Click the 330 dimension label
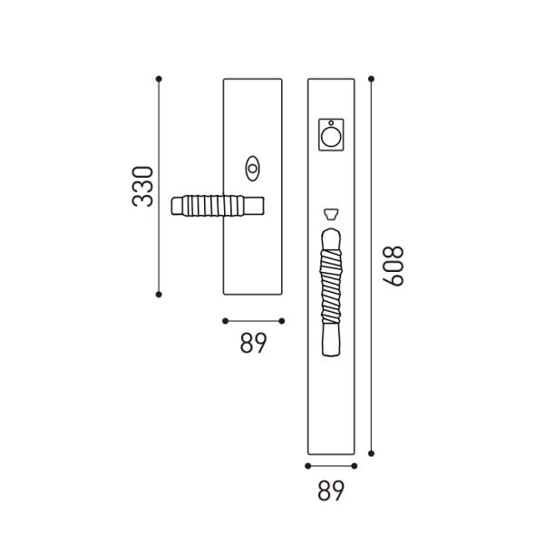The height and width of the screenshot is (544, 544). pos(143,186)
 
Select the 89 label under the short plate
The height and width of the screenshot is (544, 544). pos(253,344)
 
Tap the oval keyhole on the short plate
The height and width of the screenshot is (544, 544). pos(252,168)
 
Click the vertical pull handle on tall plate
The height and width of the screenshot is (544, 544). pos(331,290)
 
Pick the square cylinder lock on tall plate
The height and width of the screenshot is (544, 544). pos(332,135)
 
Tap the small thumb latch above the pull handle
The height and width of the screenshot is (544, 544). pos(331,214)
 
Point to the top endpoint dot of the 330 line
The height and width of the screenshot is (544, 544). pos(159,79)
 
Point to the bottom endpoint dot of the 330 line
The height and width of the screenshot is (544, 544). pos(159,294)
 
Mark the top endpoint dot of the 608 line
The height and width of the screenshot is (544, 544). pos(372,78)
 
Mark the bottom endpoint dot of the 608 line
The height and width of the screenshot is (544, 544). pos(372,453)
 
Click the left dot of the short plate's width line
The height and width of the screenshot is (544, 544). pos(224,320)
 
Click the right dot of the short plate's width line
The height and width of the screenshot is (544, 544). pos(282,320)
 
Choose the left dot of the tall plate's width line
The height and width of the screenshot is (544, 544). pos(308,466)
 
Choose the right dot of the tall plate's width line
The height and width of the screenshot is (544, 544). pos(354,466)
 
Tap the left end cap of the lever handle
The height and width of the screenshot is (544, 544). pos(174,206)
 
